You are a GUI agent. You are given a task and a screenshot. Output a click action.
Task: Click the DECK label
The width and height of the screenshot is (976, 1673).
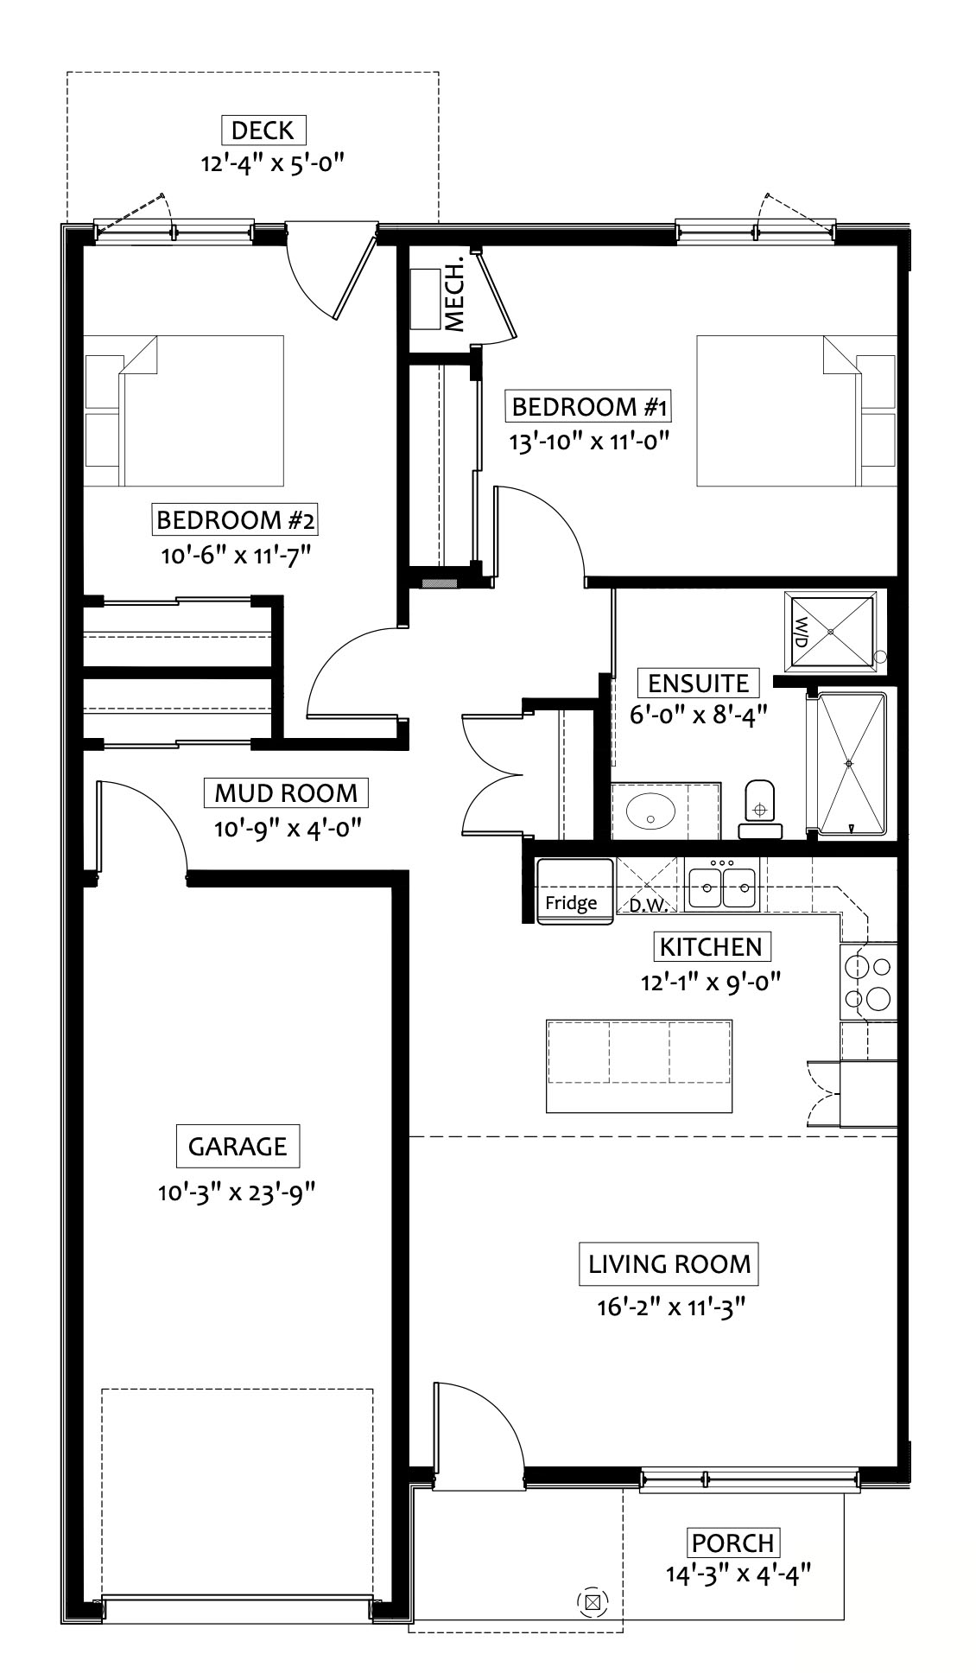point(263,130)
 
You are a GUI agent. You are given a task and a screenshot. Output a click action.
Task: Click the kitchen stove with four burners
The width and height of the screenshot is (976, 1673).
point(868,982)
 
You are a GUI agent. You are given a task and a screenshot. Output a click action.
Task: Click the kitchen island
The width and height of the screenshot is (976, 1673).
point(639,1066)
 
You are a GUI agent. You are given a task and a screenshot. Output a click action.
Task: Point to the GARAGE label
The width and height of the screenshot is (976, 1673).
point(238,1147)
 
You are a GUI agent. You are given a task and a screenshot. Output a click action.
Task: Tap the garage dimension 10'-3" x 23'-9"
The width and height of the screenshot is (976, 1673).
point(237,1193)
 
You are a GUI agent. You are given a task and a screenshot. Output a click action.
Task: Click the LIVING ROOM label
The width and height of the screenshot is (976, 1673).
point(669,1264)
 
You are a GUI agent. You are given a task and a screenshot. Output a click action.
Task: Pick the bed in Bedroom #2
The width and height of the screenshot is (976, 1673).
point(185,410)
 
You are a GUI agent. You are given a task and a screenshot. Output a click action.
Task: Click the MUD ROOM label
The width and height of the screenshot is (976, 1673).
point(286,792)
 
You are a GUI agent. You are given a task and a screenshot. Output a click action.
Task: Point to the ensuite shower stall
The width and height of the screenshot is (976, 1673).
point(851,765)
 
